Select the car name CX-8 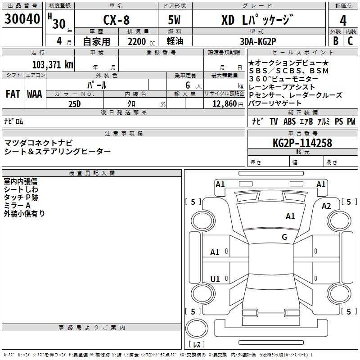coord(116,21)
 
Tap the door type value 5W coord(175,21)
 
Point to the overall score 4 coord(343,21)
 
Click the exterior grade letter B coord(335,40)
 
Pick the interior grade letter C coord(351,40)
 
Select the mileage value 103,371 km coord(53,64)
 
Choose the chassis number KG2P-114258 coord(302,143)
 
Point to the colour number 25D coord(74,103)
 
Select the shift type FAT coord(13,94)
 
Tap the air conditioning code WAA coord(34,94)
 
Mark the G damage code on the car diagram coord(284,237)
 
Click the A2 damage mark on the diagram coord(326,206)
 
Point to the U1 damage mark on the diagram coord(215,279)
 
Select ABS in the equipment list coord(289,121)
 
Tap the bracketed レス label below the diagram coord(196,345)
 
